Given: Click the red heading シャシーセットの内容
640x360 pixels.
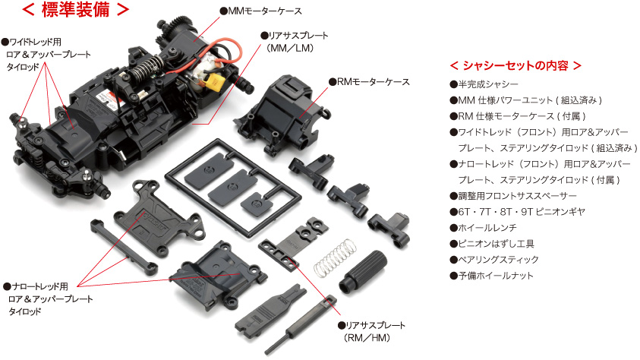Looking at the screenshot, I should pos(515,65).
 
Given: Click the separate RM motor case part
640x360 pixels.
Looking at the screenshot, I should pos(282,115).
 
